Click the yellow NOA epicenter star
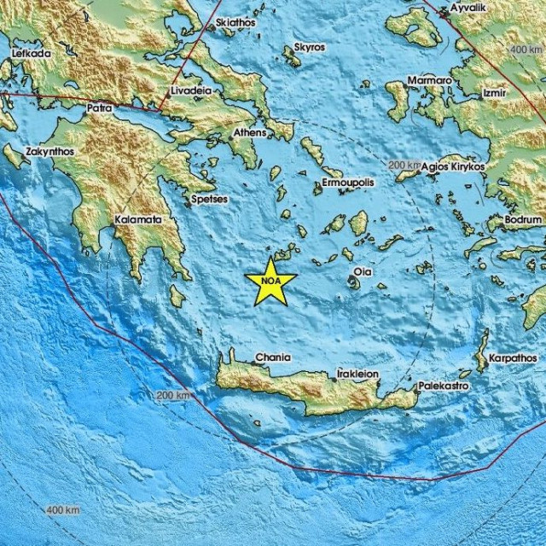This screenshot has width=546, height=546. pyautogui.click(x=270, y=282)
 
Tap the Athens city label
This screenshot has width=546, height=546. pyautogui.click(x=249, y=134)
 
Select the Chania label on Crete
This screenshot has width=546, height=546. pyautogui.click(x=273, y=357)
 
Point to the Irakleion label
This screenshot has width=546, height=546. pyautogui.click(x=357, y=374)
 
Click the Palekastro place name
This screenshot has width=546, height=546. pyautogui.click(x=442, y=386)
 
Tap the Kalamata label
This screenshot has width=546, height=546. pyautogui.click(x=138, y=219)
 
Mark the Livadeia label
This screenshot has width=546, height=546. pyautogui.click(x=189, y=90)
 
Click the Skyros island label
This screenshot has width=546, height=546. pyautogui.click(x=308, y=48)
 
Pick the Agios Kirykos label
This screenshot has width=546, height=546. pyautogui.click(x=453, y=166)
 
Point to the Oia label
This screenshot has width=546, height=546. pyautogui.click(x=362, y=272)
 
